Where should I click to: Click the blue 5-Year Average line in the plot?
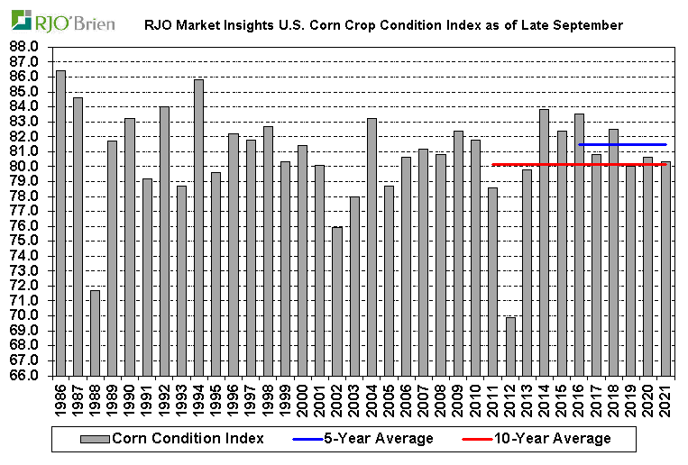[622, 144]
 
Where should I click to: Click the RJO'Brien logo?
[64, 20]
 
